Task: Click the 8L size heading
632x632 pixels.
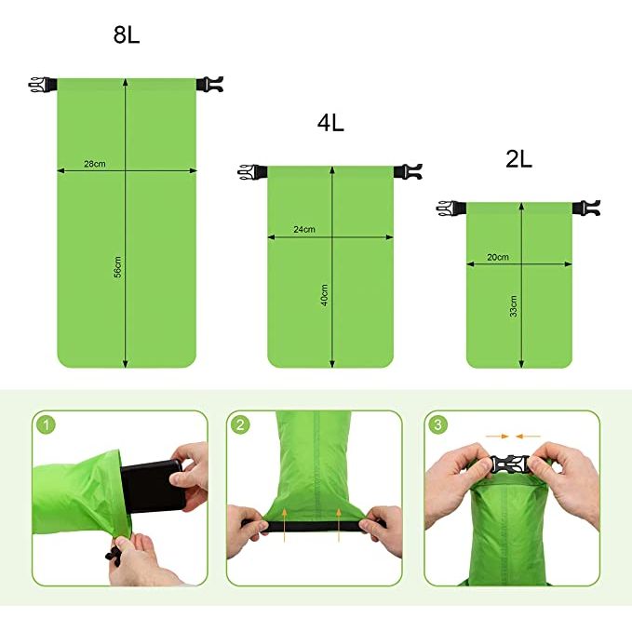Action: pyautogui.click(x=127, y=34)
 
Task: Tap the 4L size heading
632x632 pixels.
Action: pyautogui.click(x=330, y=123)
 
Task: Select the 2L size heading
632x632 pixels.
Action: pyautogui.click(x=518, y=159)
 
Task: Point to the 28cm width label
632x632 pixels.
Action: pyautogui.click(x=95, y=164)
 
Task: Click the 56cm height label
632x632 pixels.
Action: pyautogui.click(x=117, y=267)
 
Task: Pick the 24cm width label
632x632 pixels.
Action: pyautogui.click(x=304, y=229)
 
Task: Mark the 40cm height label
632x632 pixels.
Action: pyautogui.click(x=325, y=295)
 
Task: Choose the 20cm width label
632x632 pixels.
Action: pyautogui.click(x=498, y=257)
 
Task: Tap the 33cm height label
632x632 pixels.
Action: pyautogui.click(x=513, y=306)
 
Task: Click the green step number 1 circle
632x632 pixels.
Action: pyautogui.click(x=46, y=424)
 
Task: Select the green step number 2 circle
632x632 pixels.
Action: pyautogui.click(x=240, y=424)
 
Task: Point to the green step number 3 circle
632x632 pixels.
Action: pyautogui.click(x=437, y=424)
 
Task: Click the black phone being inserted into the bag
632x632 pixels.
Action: pyautogui.click(x=152, y=487)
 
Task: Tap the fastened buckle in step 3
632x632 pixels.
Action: pyautogui.click(x=509, y=465)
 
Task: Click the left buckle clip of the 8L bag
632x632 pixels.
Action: pyautogui.click(x=42, y=85)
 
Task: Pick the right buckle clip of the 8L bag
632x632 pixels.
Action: pyautogui.click(x=209, y=85)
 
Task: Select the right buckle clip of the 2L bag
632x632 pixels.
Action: pyautogui.click(x=586, y=208)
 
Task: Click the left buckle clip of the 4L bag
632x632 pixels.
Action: pyautogui.click(x=252, y=172)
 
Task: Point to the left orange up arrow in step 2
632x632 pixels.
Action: pyautogui.click(x=285, y=525)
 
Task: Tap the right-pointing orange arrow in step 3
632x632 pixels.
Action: pyautogui.click(x=497, y=437)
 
